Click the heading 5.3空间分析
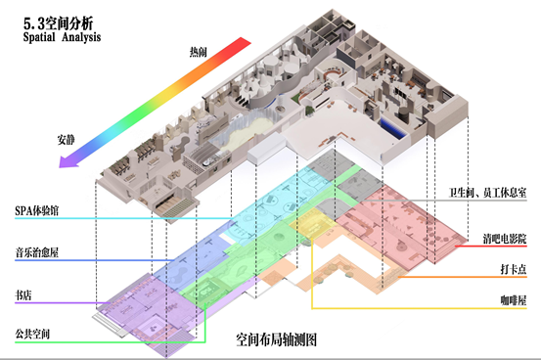pos(58,23)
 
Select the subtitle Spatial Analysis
pos(62,37)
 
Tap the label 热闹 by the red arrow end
pos(198,52)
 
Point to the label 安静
pos(66,140)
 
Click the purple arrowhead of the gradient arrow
pos(68,161)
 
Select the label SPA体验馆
pos(36,210)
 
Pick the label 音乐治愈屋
pos(36,252)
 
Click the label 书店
pos(23,295)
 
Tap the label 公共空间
pos(32,334)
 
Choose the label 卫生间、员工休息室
pos(487,193)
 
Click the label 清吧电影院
pos(505,239)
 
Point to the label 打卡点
pos(514,269)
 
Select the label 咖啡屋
pos(514,300)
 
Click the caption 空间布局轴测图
pos(276,339)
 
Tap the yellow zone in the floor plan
pos(312,224)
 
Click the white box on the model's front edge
pos(266,149)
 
